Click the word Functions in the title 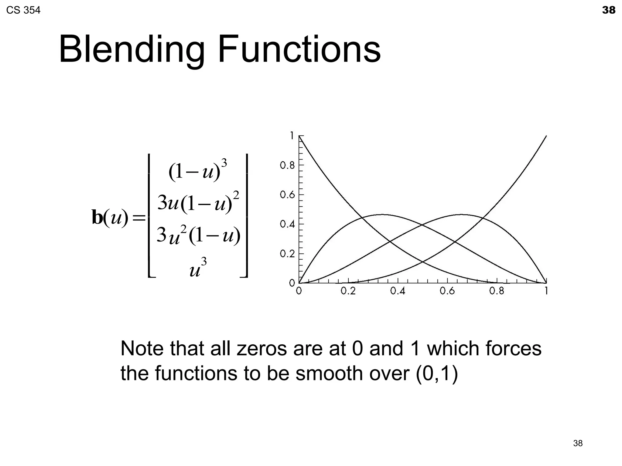tap(299, 49)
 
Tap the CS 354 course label tap(23, 11)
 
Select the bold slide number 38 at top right tap(609, 10)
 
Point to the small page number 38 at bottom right tap(578, 443)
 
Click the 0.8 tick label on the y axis tap(287, 166)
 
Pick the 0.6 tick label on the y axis tap(287, 195)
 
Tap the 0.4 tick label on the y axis tap(287, 225)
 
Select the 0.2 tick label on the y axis tap(287, 254)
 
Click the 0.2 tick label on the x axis tap(348, 291)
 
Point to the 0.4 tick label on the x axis tap(398, 291)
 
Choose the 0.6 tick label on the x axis tap(447, 291)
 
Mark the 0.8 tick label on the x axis tap(497, 291)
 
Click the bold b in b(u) tap(97, 218)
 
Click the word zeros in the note tap(261, 349)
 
